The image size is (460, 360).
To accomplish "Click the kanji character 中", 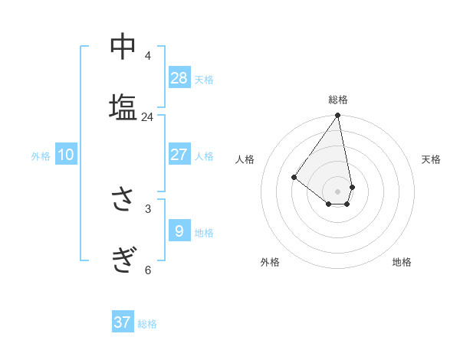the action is tap(123, 47).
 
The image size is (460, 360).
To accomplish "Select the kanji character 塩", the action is tap(123, 106).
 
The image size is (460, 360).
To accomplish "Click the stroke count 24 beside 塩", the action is tap(147, 117).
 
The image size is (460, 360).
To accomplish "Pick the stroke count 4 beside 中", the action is tap(147, 55).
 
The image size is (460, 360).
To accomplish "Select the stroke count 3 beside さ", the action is tap(147, 208).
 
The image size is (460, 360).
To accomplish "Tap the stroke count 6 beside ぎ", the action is tap(147, 269).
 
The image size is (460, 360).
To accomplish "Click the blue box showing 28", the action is tap(179, 77).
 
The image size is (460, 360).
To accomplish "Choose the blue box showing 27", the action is tap(179, 155).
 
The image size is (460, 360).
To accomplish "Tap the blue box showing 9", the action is tap(179, 231).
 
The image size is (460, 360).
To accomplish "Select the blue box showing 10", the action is tap(66, 155).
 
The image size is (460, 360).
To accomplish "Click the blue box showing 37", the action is tap(123, 322).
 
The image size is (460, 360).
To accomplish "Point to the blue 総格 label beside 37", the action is tap(147, 324).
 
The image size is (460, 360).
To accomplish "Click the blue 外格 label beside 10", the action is tap(41, 156).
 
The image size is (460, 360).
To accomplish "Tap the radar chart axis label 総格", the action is tap(338, 100).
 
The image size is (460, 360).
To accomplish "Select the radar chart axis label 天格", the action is tap(432, 159).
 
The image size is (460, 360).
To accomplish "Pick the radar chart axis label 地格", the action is tap(402, 262).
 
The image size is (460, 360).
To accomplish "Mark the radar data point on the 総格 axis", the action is tap(338, 116).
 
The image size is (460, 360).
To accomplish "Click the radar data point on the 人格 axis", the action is tap(294, 177).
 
